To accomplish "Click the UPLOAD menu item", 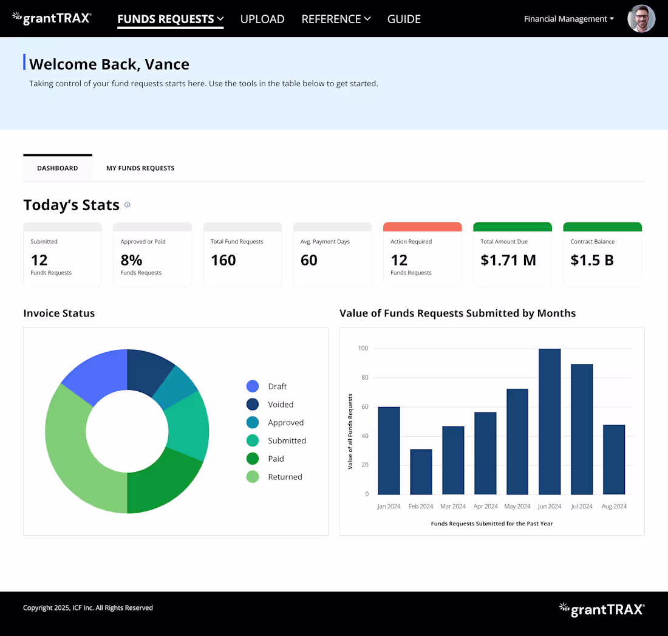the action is (262, 19).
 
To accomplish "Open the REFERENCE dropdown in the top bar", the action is (336, 19).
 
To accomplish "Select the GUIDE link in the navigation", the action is (404, 19).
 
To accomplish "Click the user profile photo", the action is (641, 19).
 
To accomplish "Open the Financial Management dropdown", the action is (569, 19).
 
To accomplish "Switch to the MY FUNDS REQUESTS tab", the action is (140, 168).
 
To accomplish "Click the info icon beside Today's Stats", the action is (127, 205).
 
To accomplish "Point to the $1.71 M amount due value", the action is (508, 260).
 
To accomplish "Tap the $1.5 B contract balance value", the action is (591, 260).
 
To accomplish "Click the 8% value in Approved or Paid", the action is (131, 260).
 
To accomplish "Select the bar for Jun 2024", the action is (550, 422).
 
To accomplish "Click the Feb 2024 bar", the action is (421, 472).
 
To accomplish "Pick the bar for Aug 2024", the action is (614, 459).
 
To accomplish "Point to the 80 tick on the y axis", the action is (365, 377).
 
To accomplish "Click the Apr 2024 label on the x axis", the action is (485, 507).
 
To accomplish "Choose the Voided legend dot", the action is (253, 404).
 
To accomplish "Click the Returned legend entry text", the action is (285, 477).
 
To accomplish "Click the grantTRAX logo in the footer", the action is (602, 609).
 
